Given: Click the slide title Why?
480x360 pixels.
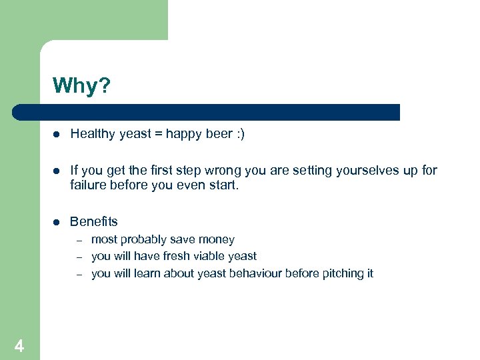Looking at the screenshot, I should [x=81, y=86].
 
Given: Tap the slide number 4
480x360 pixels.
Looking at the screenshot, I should [x=19, y=346].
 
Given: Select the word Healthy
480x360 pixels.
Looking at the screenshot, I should [x=93, y=134].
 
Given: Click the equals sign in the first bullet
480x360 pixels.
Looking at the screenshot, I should [x=157, y=134].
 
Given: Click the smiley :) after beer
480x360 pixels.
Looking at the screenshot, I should [x=239, y=134].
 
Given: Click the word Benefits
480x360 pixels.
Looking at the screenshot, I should [x=94, y=221].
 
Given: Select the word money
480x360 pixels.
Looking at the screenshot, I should [x=217, y=239].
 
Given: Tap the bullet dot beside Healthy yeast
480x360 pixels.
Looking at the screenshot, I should [x=57, y=135].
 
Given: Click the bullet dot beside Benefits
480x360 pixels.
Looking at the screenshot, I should [x=57, y=222].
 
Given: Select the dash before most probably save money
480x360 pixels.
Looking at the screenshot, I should [x=78, y=240].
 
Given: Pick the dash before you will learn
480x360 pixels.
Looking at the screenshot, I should [x=78, y=274].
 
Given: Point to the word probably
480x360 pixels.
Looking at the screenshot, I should [x=144, y=239].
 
